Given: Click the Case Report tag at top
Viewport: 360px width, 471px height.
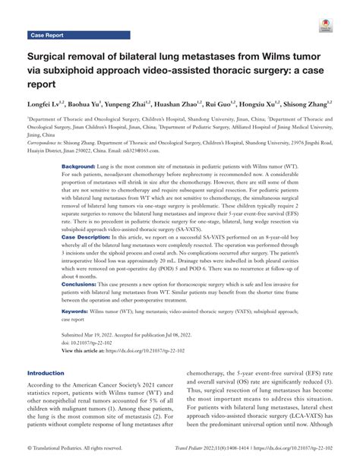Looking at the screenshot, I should coord(47,35).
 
